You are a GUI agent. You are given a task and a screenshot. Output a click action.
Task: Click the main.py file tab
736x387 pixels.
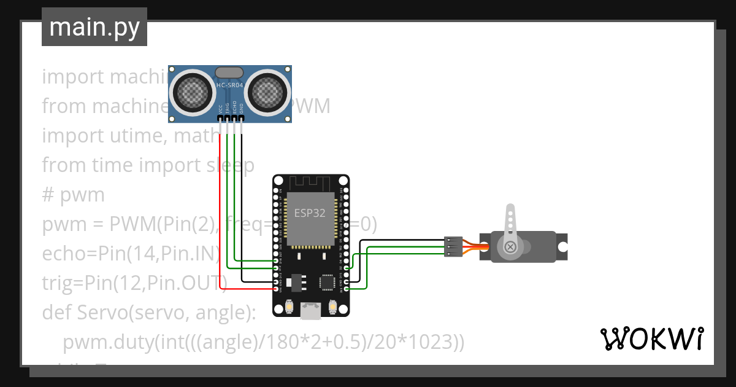point(94,27)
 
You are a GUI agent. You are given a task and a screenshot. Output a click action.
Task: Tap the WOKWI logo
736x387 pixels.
point(651,338)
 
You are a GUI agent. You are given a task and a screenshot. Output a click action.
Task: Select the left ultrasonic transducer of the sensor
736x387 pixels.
point(193,92)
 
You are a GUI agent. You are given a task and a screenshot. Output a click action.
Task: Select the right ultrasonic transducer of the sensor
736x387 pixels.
point(267,92)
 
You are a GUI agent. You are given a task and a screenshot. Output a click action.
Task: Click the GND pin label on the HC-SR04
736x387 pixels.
point(242,109)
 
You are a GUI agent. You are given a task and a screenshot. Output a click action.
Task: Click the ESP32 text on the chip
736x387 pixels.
point(310,214)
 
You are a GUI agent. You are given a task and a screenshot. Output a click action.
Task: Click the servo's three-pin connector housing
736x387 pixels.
point(453,246)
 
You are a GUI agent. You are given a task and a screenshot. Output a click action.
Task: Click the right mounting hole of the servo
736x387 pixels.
point(561,247)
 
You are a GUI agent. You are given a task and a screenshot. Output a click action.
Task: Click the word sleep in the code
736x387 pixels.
point(228,165)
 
